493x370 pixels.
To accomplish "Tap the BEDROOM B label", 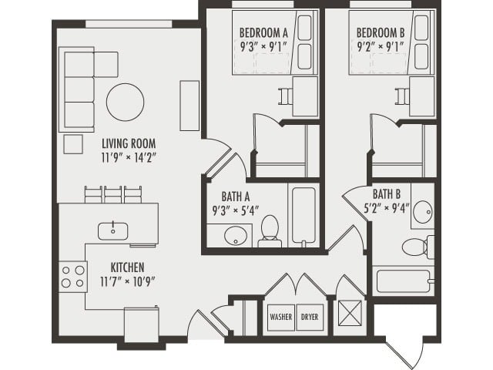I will (381, 32).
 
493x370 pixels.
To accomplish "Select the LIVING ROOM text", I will (129, 143).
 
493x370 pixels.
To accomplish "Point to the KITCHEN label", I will (127, 267).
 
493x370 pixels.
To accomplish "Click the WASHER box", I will (280, 317).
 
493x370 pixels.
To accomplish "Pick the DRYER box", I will (310, 317).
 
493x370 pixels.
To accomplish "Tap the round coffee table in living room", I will (125, 101).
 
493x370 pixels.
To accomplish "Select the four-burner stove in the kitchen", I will (74, 277).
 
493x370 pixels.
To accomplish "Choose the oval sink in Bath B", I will (422, 214).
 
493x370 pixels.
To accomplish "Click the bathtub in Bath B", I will (404, 280).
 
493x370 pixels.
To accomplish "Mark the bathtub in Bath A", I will (300, 214).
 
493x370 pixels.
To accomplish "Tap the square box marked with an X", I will (351, 316).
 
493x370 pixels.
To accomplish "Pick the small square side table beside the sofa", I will (73, 144).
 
